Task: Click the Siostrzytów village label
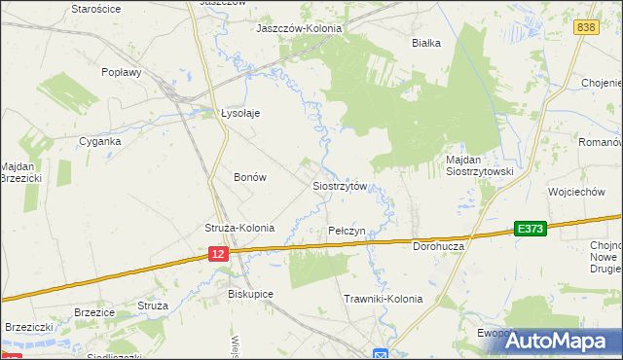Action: click(x=339, y=185)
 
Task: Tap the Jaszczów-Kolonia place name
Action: click(x=299, y=28)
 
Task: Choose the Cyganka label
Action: click(x=100, y=140)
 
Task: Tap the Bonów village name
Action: click(x=250, y=177)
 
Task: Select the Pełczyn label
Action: click(x=347, y=231)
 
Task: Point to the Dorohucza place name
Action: click(x=443, y=246)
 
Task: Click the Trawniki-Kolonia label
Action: click(x=384, y=299)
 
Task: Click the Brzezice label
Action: click(x=95, y=312)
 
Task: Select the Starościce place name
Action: click(x=95, y=8)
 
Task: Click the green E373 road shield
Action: click(x=531, y=228)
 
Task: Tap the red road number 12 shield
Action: click(x=217, y=253)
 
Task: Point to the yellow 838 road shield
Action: click(x=585, y=28)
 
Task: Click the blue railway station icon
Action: click(x=381, y=353)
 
